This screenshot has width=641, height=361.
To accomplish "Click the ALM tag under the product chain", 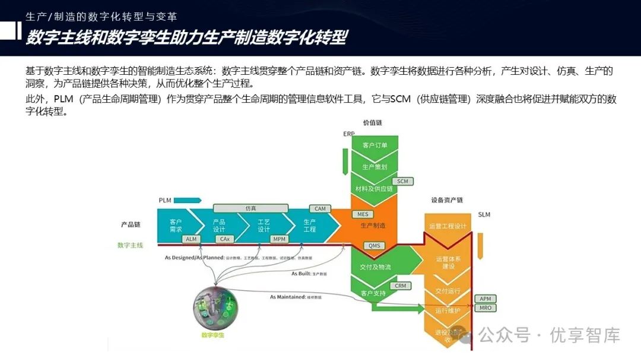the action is [191, 239].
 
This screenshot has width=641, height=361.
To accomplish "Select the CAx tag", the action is [224, 239].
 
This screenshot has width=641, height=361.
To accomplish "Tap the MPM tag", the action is [279, 239].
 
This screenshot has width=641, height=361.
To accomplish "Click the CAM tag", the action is [320, 208].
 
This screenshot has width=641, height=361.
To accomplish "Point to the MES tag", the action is [363, 214].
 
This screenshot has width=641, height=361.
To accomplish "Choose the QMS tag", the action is [374, 246].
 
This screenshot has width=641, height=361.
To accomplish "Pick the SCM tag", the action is [402, 181].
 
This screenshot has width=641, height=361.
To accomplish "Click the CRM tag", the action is [401, 286].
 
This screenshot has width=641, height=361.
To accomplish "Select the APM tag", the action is [485, 298].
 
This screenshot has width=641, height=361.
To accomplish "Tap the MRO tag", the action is [485, 308].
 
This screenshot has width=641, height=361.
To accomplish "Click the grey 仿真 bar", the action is [250, 208].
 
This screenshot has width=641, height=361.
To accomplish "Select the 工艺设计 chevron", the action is [264, 225].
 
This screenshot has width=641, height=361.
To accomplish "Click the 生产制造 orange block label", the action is [373, 226].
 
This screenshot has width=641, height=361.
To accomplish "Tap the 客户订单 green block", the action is [375, 145].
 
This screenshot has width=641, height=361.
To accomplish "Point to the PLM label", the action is [165, 200].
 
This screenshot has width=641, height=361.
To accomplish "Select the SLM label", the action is [484, 214].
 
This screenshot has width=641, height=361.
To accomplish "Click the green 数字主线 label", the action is [130, 245].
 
